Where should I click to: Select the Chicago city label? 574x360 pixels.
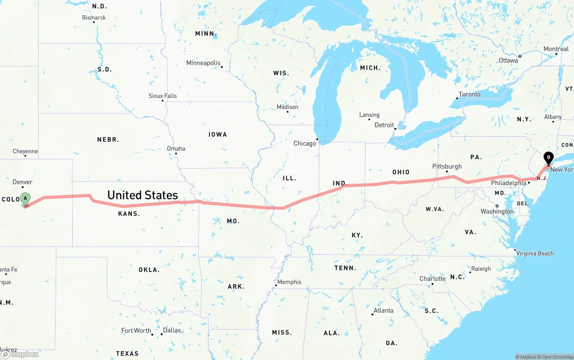point(304,143)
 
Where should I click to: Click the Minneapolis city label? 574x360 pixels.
point(203,63)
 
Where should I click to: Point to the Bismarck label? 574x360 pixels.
point(94,17)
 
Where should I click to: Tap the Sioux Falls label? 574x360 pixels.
point(163,96)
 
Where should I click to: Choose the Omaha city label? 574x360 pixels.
point(176,148)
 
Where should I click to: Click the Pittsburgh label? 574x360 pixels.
point(447,166)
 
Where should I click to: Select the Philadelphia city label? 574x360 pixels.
point(508,183)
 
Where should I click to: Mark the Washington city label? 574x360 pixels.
point(497,211)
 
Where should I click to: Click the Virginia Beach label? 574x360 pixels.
point(535,253)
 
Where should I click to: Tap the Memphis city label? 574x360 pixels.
point(289,282)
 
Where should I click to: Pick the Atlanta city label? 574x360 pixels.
point(383,310)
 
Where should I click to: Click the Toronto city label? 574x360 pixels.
point(469,94)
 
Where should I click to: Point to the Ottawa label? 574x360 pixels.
point(508,60)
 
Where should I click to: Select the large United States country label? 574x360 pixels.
point(143,195)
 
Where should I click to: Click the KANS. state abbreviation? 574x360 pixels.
point(129,214)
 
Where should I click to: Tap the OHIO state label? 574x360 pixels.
point(400,172)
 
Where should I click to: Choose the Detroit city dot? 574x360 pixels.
point(395,129)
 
